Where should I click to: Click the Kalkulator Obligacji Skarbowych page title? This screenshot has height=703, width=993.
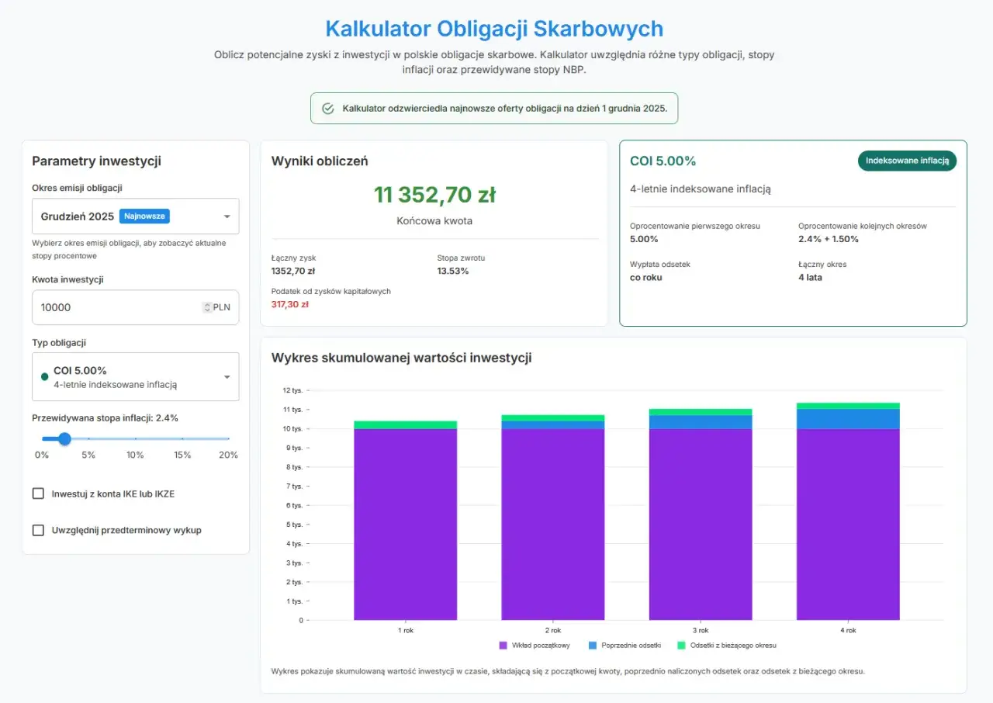(494, 29)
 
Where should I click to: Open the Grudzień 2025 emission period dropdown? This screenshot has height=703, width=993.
(135, 216)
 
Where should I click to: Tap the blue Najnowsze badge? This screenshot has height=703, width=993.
(144, 216)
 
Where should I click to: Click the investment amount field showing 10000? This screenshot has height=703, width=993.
(116, 307)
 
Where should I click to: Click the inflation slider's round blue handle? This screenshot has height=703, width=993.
(65, 439)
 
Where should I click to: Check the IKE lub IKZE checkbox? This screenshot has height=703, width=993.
(38, 493)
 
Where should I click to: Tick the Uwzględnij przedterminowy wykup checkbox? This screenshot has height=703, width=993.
(38, 530)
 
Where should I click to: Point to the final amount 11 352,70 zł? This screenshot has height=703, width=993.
(434, 195)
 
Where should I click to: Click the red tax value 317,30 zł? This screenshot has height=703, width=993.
(290, 305)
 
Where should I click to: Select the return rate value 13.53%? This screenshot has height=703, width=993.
(453, 271)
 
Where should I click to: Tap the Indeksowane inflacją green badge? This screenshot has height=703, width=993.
(907, 161)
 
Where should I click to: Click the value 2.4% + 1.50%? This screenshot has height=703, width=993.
(829, 239)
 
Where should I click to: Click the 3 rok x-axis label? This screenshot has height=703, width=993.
(701, 631)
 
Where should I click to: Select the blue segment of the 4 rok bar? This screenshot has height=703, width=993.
(848, 418)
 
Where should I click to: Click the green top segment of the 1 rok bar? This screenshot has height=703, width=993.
(406, 424)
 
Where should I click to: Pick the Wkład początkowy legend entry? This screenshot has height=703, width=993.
(535, 646)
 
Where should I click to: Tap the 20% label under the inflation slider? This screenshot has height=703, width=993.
(228, 455)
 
